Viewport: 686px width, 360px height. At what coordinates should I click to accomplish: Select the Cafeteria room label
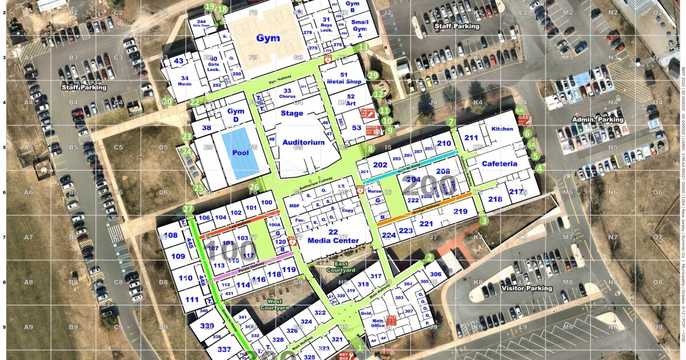(x=500, y=164)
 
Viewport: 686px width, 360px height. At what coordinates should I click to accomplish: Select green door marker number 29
(x=373, y=75)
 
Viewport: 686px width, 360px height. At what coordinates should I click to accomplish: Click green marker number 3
(x=484, y=221)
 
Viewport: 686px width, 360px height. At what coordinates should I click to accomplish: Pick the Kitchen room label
(x=502, y=129)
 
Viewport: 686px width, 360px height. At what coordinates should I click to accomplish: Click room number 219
(x=460, y=211)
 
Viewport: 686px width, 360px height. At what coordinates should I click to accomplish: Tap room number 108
(x=170, y=235)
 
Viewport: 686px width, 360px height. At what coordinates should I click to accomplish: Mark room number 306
(x=436, y=274)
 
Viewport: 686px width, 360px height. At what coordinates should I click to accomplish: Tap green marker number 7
(x=450, y=122)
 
